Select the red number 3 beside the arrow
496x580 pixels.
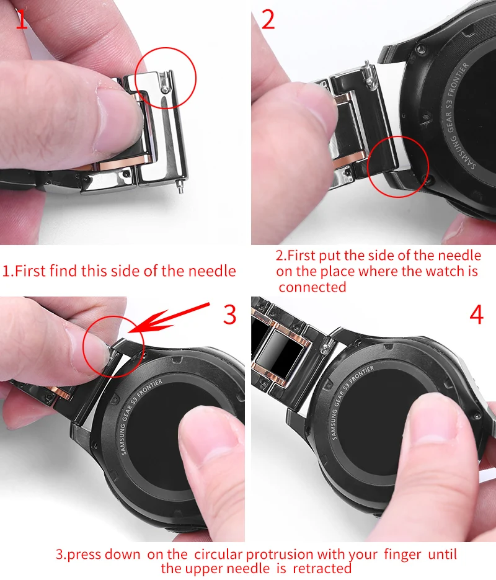click(x=229, y=315)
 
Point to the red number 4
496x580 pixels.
click(x=476, y=315)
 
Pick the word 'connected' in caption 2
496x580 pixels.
click(x=312, y=287)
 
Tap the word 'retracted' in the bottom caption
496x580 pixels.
click(x=322, y=568)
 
